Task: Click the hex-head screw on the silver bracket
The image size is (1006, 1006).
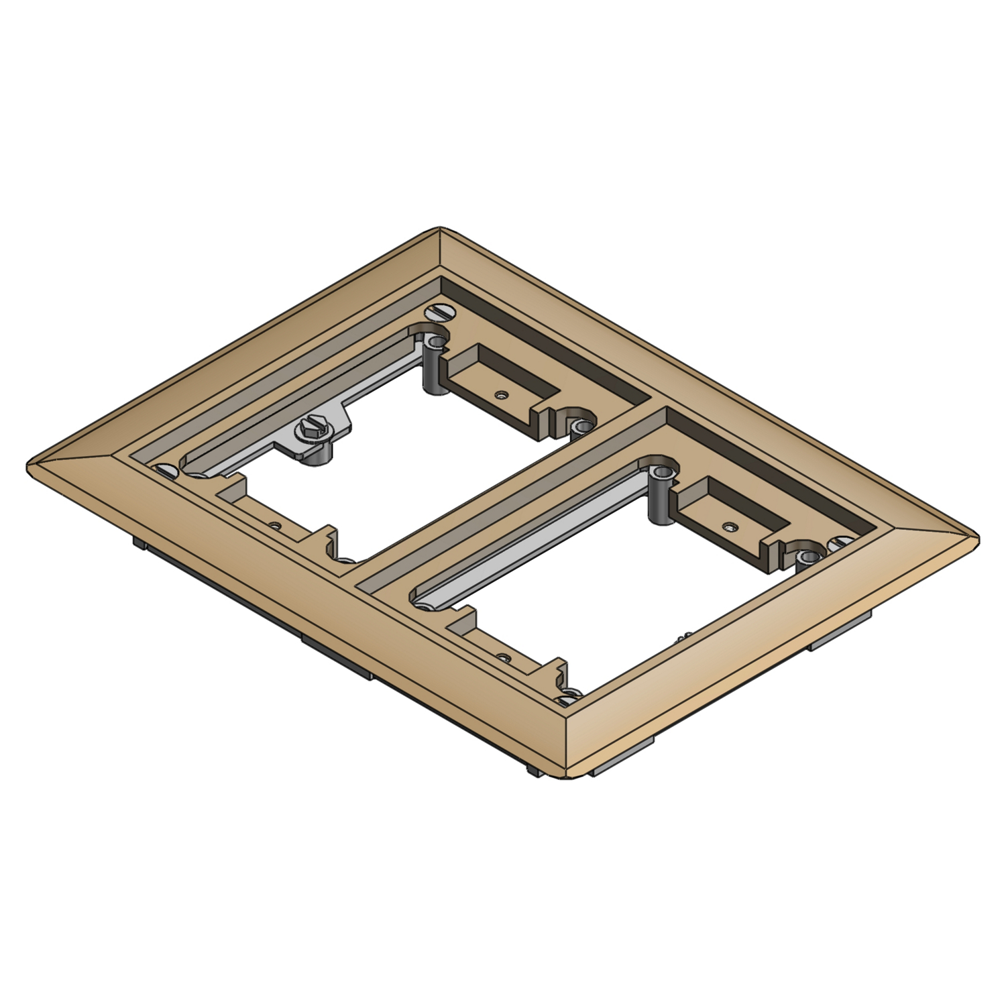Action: coord(310,430)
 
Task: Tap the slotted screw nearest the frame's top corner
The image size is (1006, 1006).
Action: coord(441,312)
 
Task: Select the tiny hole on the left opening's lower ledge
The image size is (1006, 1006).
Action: coord(273,524)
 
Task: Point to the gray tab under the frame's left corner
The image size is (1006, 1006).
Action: coord(141,542)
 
